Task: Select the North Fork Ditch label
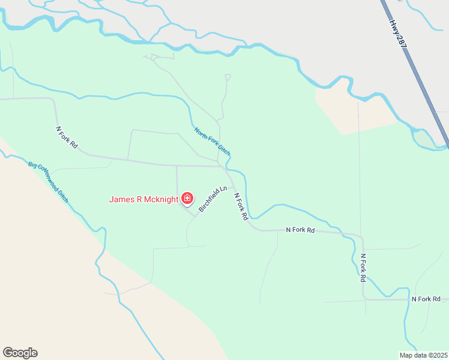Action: (x=212, y=141)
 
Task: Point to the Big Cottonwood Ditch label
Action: (x=48, y=181)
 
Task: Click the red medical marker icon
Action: (x=188, y=198)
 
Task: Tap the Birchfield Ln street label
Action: (x=213, y=199)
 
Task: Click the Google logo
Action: (x=20, y=353)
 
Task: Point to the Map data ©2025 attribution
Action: (x=423, y=355)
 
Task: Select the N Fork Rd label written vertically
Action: (x=363, y=268)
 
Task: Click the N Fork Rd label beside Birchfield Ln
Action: (x=241, y=206)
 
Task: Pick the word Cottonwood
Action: (x=47, y=180)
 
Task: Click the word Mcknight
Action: (x=161, y=199)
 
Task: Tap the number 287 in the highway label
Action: (x=402, y=41)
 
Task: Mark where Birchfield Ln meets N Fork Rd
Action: (x=231, y=187)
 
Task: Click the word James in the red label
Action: (x=121, y=199)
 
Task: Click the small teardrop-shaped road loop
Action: (x=228, y=77)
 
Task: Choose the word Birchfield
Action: (x=210, y=201)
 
